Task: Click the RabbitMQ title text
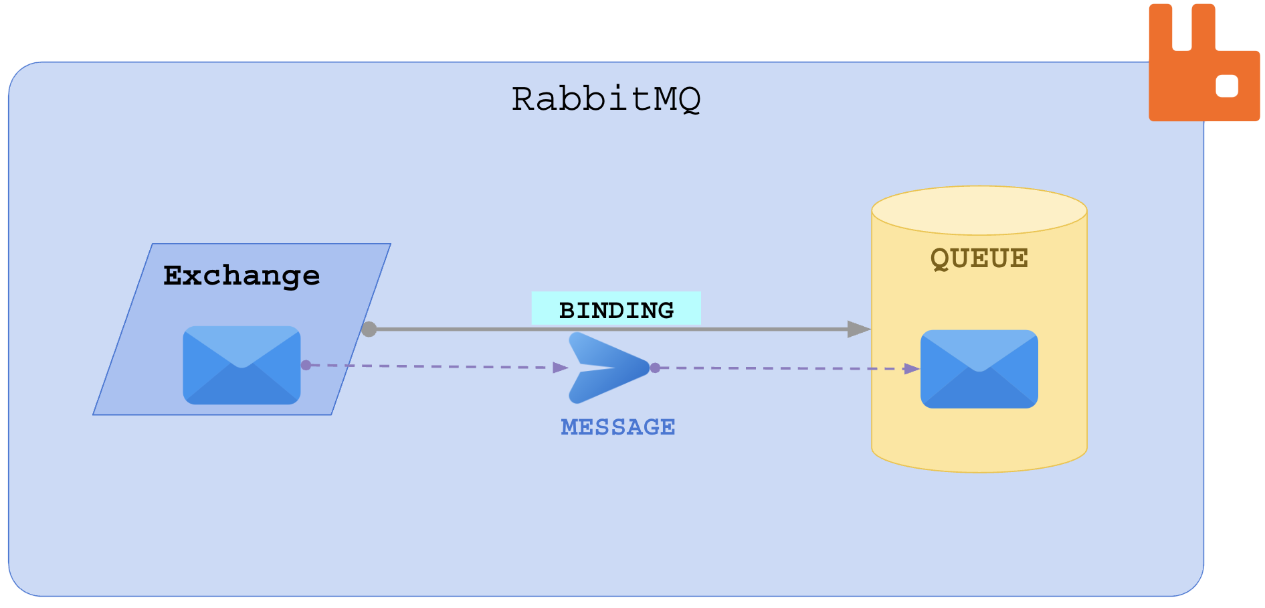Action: point(606,99)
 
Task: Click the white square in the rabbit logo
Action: point(1227,86)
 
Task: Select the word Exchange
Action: point(241,275)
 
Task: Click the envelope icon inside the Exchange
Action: point(241,365)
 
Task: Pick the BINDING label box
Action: point(616,309)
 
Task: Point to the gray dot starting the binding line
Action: point(369,329)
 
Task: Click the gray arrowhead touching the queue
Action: point(858,329)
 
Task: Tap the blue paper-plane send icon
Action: point(605,368)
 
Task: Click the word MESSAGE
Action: point(618,427)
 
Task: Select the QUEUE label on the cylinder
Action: point(979,258)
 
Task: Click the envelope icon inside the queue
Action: point(979,369)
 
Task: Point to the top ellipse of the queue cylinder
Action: point(979,210)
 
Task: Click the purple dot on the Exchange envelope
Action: point(306,365)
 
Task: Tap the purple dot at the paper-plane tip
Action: point(655,368)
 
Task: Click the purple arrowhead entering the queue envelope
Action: point(911,369)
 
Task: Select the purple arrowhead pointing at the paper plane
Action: point(561,367)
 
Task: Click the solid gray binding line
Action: point(602,329)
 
